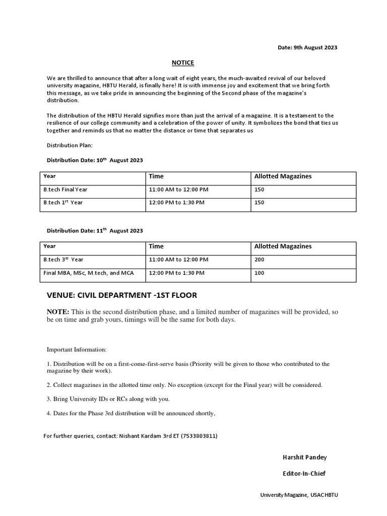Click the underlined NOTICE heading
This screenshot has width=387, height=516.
coord(182,62)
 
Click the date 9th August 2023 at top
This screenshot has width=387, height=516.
coord(307,47)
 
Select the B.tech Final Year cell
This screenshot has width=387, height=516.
coord(66,189)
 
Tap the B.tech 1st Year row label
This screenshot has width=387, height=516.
coord(63,202)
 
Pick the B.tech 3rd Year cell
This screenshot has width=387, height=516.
coord(63,260)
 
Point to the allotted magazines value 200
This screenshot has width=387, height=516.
coord(260,260)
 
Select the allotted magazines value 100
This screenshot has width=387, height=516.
coord(260,273)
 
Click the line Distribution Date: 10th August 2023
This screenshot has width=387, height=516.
coord(95,160)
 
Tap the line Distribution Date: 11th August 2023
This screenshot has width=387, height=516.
coord(95,230)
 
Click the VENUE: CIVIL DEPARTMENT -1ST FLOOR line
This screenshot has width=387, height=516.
coord(122,295)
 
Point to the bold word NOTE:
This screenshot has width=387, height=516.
coord(58,312)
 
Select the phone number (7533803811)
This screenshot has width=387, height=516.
coord(199,436)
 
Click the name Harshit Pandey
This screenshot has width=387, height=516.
coord(305,458)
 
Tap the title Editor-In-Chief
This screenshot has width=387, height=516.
coord(304,473)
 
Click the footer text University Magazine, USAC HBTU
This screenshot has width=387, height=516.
coord(299,495)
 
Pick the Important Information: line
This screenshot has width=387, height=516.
coord(77,349)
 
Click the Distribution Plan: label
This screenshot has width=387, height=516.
coord(70,145)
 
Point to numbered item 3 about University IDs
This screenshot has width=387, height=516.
coord(108,399)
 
